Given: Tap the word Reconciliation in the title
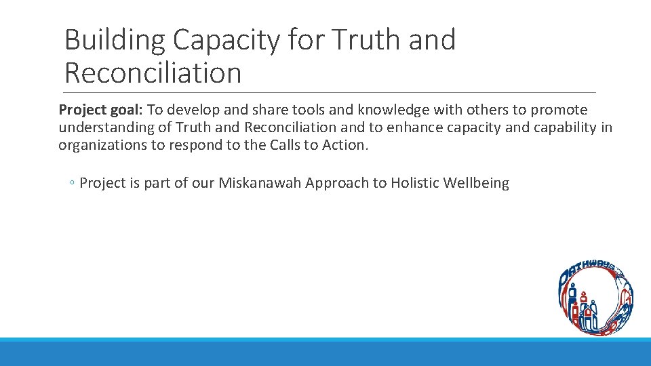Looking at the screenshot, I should (153, 73).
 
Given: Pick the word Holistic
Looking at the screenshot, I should (414, 184).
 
